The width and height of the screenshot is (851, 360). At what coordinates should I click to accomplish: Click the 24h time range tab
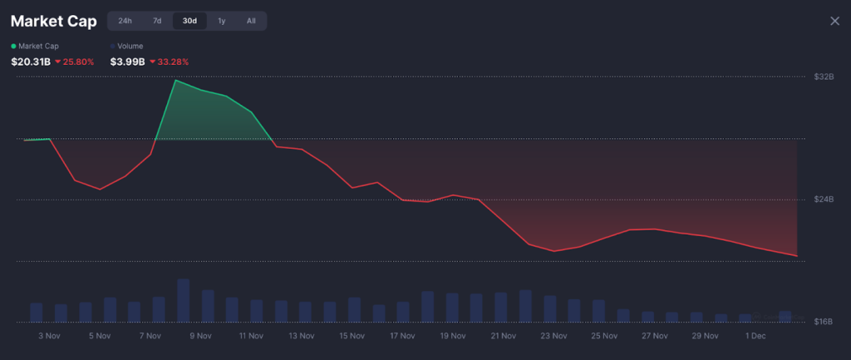pos(125,21)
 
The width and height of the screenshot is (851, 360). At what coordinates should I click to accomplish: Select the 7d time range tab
pos(157,21)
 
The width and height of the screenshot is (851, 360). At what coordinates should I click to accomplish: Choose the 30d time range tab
pos(189,21)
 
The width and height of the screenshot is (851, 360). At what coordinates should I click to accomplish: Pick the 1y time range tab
pos(221,21)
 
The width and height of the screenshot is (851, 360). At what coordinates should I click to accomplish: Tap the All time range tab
pos(251,21)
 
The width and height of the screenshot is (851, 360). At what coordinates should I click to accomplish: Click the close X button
pos(834,21)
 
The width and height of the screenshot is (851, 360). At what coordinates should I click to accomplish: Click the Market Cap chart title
pos(53,21)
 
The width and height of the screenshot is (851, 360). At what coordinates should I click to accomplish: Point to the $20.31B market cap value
pos(31,62)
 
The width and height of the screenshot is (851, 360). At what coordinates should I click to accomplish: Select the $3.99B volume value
pos(128,62)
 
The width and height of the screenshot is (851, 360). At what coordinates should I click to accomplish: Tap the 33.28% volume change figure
pos(173,62)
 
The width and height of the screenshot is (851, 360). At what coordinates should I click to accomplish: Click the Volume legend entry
pos(130,46)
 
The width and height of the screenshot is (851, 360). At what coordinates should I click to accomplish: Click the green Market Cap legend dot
pos(13,46)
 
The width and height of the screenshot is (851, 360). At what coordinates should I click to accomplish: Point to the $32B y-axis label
pos(824,76)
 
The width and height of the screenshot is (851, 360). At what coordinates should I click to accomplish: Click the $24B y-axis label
pos(824,200)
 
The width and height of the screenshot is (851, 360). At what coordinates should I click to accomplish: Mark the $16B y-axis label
pos(824,322)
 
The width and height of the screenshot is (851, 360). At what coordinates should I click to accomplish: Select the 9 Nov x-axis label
pos(200,336)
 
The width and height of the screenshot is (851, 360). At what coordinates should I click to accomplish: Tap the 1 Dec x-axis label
pos(755,336)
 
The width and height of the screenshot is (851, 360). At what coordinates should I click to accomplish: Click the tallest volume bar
pos(184,300)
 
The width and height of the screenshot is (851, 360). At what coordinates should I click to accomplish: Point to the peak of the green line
pos(175,81)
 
